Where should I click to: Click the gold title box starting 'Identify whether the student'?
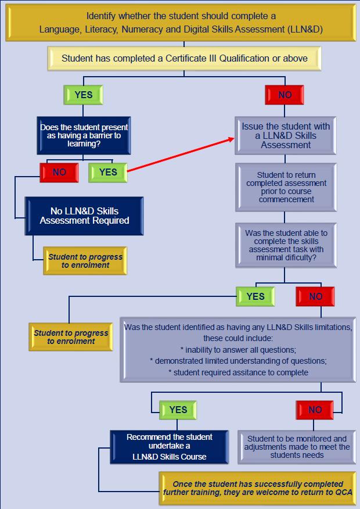click(x=179, y=22)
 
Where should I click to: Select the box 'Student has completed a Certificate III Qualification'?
click(x=184, y=58)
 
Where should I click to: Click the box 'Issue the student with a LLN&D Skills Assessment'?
click(x=286, y=135)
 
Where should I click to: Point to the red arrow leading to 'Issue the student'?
click(x=180, y=155)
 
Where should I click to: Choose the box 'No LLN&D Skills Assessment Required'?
click(x=84, y=216)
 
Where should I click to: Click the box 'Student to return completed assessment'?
click(x=286, y=187)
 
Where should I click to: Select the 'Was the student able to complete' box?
click(x=286, y=245)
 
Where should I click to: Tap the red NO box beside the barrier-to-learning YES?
click(x=59, y=172)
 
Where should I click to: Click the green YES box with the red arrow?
click(x=108, y=172)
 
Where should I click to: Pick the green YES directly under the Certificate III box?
click(x=84, y=95)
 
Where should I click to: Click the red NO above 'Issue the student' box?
click(x=285, y=95)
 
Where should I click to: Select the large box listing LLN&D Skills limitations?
click(x=238, y=349)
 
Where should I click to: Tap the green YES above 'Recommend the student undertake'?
click(x=178, y=410)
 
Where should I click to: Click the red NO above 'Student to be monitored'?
click(x=315, y=410)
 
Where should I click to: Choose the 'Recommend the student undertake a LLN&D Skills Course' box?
click(x=170, y=446)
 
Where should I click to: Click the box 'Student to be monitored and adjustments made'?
click(x=297, y=446)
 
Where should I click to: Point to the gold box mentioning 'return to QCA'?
click(x=258, y=488)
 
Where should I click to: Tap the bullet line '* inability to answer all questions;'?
click(x=238, y=349)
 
